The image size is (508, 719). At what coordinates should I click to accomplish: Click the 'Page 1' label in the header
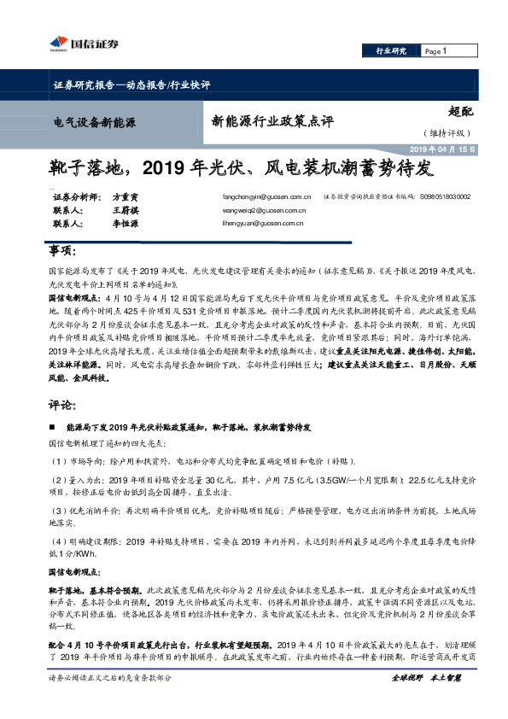[435, 51]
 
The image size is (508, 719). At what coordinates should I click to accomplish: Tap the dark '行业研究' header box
[392, 51]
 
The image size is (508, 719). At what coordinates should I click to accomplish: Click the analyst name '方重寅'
[125, 196]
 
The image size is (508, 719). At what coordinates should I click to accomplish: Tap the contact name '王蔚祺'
[125, 209]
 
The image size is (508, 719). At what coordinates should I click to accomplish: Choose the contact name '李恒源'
[125, 223]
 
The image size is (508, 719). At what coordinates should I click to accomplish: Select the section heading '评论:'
[60, 406]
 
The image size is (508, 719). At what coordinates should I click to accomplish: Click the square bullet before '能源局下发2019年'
[51, 426]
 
